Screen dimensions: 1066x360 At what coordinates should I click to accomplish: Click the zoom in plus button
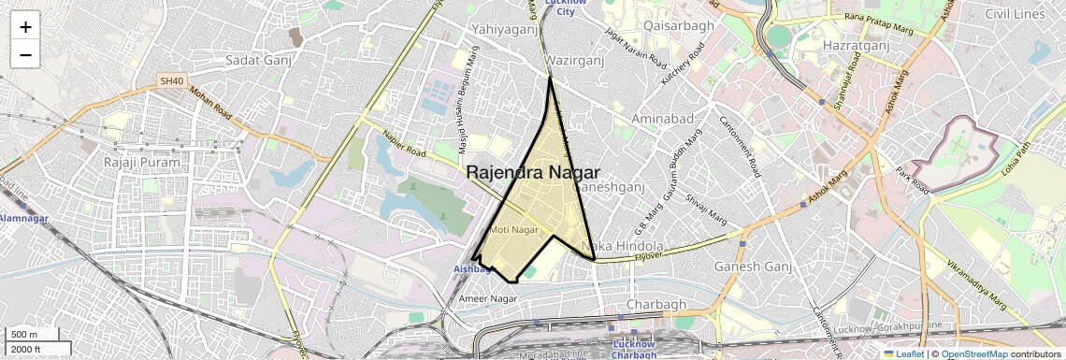pos(25,27)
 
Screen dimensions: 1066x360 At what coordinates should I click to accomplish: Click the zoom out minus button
pos(25,54)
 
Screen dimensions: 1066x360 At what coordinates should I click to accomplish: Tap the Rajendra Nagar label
pos(533,172)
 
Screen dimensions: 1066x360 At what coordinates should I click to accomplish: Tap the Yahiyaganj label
pos(509,29)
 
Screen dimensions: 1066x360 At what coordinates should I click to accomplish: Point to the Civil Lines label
pos(1015,14)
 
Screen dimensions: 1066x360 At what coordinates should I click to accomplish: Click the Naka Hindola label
pos(615,246)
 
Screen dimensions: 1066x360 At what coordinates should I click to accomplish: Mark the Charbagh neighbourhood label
pos(656,305)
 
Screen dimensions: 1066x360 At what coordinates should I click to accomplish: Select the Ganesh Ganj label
pos(753,266)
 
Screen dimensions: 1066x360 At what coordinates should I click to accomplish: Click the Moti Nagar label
pos(513,229)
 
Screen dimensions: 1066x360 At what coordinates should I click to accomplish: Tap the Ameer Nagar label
pos(487,298)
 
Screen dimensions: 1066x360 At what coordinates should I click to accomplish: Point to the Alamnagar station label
pos(22,218)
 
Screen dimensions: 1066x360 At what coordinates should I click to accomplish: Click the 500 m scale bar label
pos(25,335)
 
